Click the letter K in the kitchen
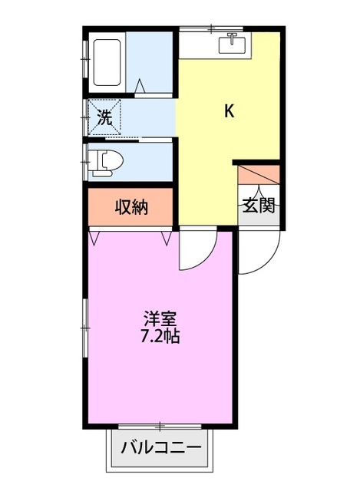(x=229, y=112)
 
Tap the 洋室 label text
(x=161, y=318)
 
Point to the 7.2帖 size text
(x=161, y=336)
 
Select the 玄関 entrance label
(x=259, y=205)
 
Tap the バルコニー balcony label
(x=161, y=447)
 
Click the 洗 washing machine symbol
(x=104, y=117)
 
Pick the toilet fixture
(x=105, y=162)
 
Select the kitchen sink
(x=231, y=44)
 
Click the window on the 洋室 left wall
(x=84, y=315)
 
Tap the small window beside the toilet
(x=84, y=162)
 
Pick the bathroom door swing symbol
(x=140, y=86)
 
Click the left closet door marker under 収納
(x=94, y=237)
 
